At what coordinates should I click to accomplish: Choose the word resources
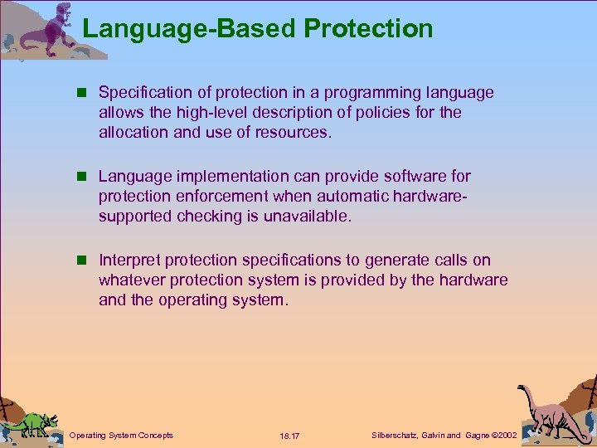point(294,132)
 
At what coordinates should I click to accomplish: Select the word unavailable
point(306,216)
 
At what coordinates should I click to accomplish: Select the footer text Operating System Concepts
point(121,435)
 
